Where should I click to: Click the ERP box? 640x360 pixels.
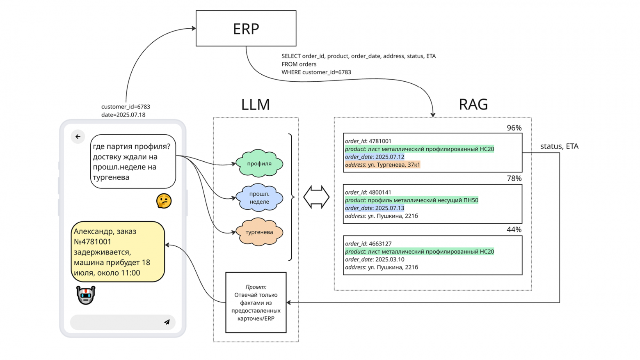(246, 28)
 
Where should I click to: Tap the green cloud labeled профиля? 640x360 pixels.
(259, 163)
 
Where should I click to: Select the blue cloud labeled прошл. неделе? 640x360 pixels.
(259, 197)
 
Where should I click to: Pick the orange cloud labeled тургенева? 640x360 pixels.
(259, 232)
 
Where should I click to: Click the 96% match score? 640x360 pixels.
(514, 128)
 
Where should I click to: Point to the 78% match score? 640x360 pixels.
(514, 178)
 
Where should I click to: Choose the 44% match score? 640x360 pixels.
(514, 229)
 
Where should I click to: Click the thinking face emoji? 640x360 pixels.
(164, 201)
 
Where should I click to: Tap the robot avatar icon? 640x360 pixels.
(86, 295)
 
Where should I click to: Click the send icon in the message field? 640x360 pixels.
(167, 322)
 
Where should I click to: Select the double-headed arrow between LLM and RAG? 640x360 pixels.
(316, 197)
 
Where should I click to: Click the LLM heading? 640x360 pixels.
(255, 105)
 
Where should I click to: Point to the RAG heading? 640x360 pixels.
(473, 104)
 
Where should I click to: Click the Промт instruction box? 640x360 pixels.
(256, 303)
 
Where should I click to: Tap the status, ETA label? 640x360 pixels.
(559, 146)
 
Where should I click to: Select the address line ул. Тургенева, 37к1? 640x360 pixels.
(382, 165)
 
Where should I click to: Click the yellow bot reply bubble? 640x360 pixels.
(118, 252)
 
